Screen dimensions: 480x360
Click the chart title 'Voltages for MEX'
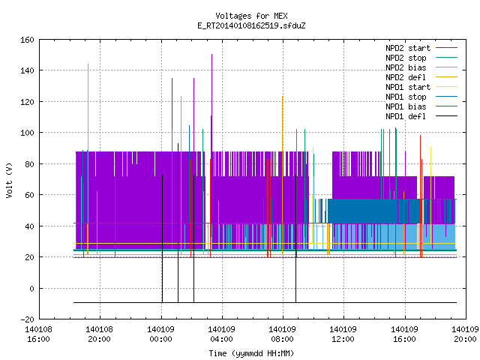pos(251,16)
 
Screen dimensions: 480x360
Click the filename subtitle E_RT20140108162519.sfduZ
pos(251,25)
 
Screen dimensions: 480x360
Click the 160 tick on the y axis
pos(27,40)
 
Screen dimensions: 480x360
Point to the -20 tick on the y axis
pos(27,319)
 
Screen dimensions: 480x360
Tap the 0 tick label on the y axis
pos(31,288)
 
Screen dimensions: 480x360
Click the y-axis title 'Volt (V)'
pos(9,180)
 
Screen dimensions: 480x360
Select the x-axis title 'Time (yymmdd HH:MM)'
pos(251,353)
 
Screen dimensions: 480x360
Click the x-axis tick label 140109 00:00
pos(160,334)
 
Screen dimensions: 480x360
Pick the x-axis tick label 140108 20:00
pos(99,334)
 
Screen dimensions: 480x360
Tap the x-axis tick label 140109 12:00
pos(343,334)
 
